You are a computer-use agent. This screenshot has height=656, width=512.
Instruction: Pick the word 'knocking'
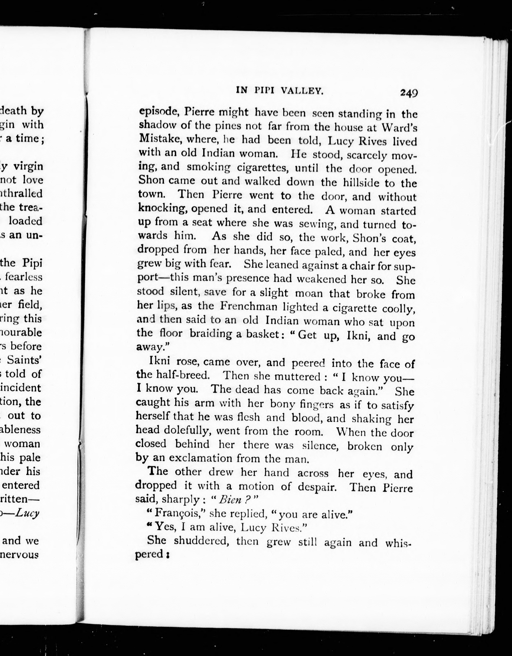pos(161,208)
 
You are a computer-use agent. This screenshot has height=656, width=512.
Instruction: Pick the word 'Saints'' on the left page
pos(24,360)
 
